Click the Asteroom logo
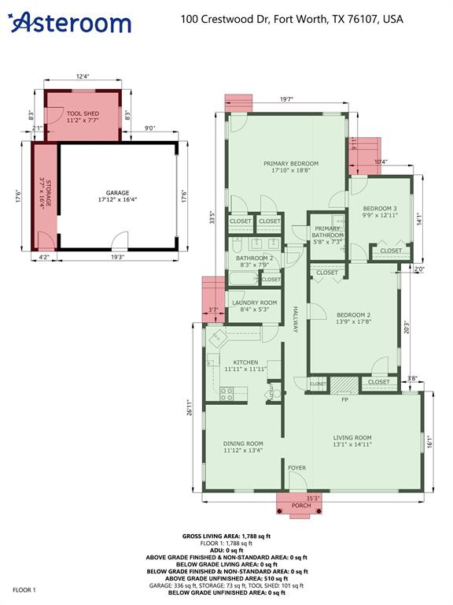(x=70, y=22)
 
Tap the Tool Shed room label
(x=83, y=117)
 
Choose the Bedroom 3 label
(x=380, y=211)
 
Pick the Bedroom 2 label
(x=353, y=317)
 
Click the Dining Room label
(x=242, y=447)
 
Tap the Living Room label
(x=352, y=440)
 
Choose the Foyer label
(x=296, y=468)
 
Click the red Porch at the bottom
(x=300, y=504)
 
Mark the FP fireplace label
(x=344, y=400)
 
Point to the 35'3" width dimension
(x=312, y=498)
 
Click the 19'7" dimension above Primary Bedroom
(x=285, y=100)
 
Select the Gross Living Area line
(x=227, y=535)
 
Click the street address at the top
(x=292, y=18)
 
